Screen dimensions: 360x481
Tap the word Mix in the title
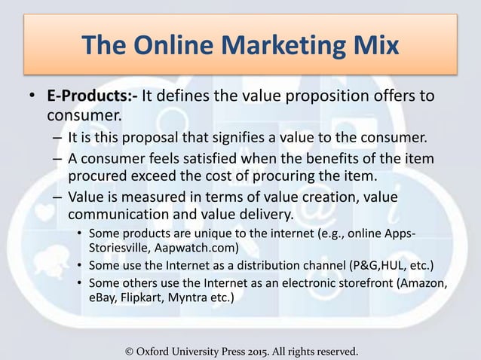click(x=372, y=46)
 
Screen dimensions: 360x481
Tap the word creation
click(x=296, y=197)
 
